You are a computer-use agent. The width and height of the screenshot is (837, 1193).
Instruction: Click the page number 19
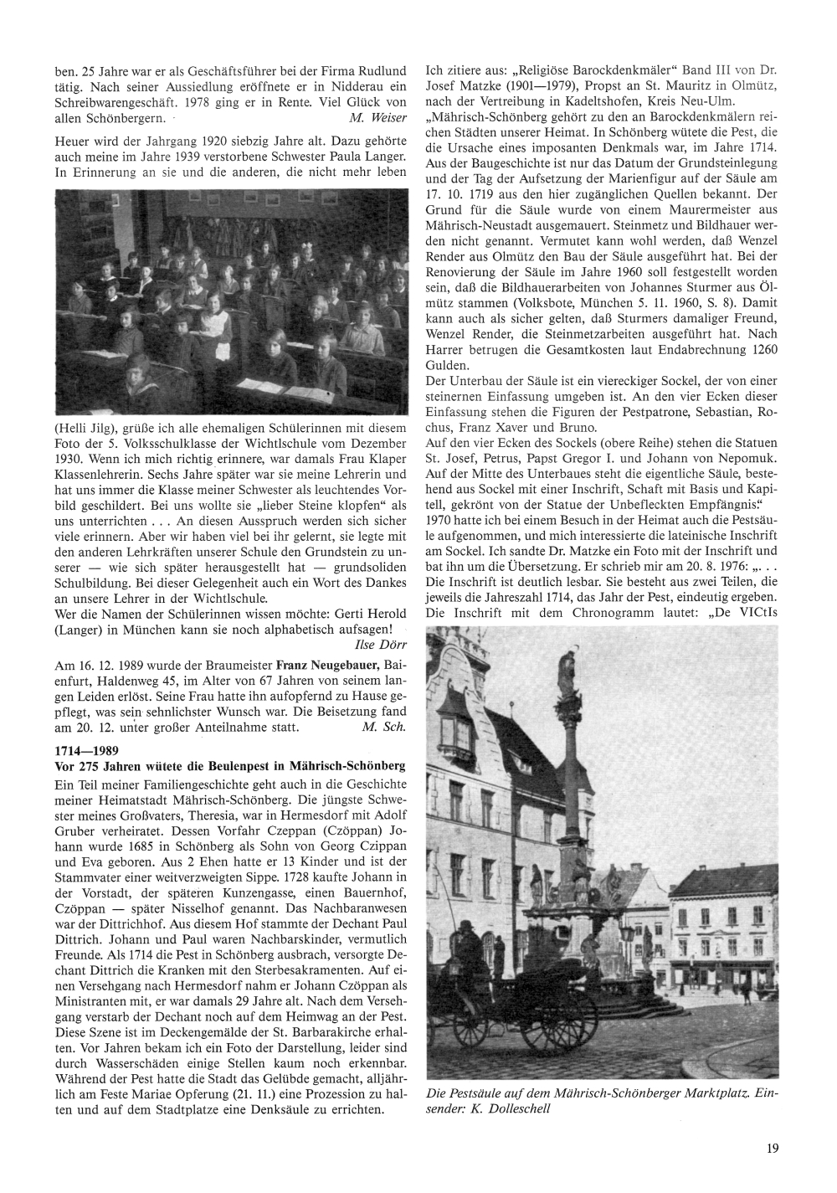[772, 1149]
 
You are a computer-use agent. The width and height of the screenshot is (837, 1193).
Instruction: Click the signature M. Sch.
[384, 727]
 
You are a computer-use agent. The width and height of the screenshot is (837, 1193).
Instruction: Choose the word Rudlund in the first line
[382, 70]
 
